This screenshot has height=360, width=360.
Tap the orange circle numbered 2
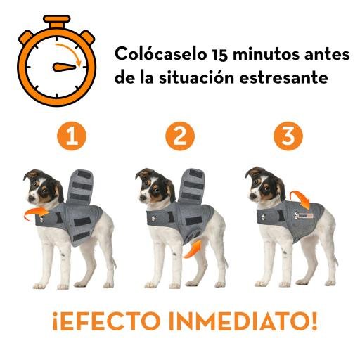pyautogui.click(x=181, y=136)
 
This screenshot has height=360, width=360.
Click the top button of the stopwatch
pyautogui.click(x=57, y=20)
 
